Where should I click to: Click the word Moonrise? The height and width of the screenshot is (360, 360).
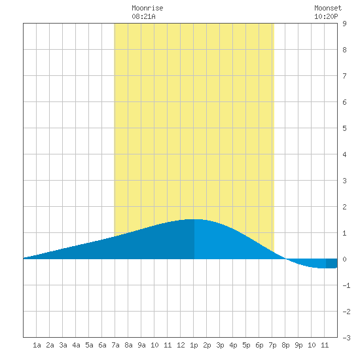147,8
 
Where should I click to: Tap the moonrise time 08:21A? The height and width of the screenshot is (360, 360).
143,16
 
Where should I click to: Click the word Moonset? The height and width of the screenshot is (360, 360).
328,8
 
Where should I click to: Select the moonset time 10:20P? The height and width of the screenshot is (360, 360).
326,16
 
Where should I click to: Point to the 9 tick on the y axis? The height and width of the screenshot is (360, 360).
344,24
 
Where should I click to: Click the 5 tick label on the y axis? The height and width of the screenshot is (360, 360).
344,128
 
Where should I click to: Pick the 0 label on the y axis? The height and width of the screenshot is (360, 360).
344,259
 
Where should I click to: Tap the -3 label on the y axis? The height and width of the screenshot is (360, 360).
346,338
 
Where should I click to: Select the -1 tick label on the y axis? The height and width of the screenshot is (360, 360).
346,285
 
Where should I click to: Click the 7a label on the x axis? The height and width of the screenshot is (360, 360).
115,345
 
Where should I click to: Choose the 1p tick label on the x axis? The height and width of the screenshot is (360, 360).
194,345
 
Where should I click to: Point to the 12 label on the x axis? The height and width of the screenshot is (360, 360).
181,345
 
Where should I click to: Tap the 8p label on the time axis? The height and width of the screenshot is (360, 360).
285,345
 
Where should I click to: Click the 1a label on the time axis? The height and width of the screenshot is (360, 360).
37,345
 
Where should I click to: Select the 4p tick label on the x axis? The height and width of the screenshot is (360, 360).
233,345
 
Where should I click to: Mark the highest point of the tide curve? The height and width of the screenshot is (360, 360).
194,219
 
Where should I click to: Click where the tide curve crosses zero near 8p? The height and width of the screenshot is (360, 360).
285,259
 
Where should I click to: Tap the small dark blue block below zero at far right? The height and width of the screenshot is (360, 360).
332,263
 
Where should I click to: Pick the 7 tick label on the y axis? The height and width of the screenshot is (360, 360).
344,76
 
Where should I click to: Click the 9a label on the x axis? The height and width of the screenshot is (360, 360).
141,345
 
